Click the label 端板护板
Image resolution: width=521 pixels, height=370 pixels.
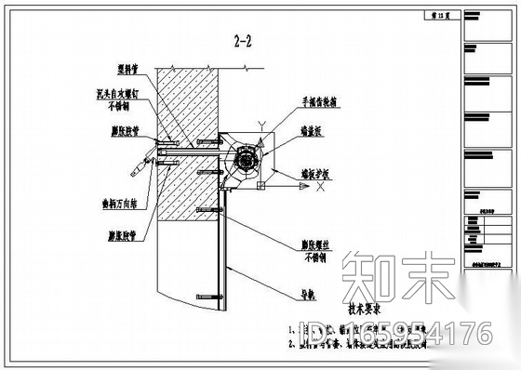[x=318, y=173]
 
